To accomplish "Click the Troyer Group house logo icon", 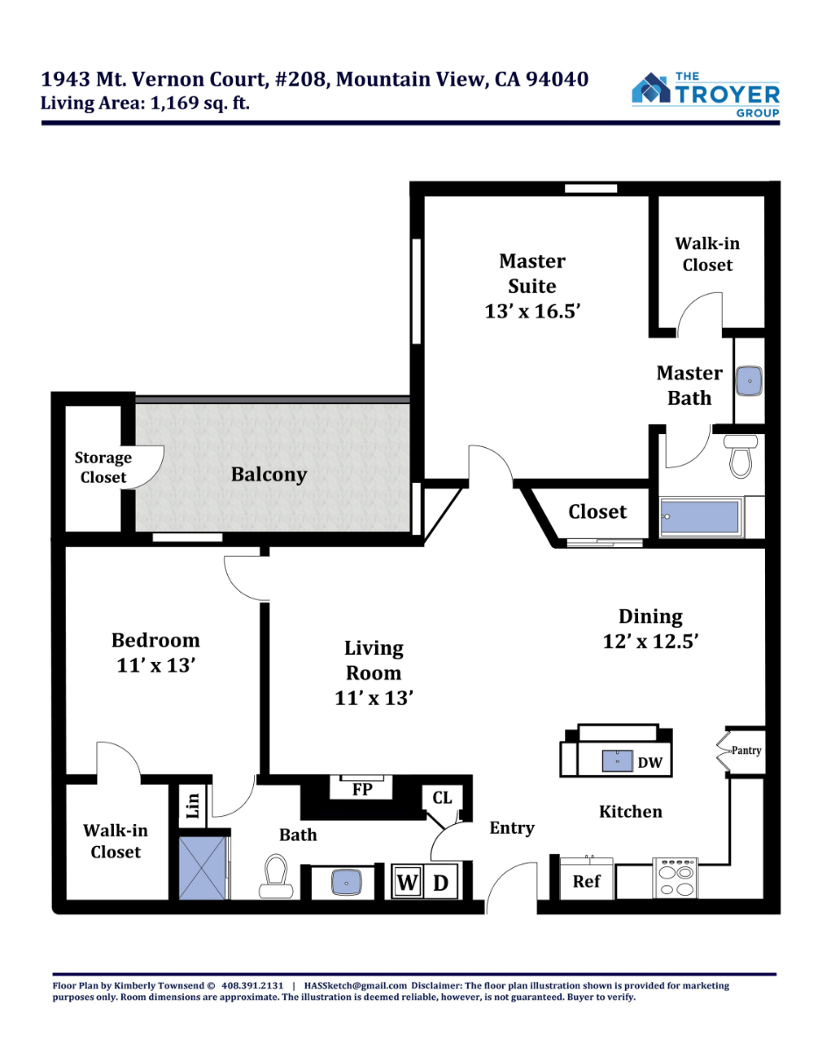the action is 650,89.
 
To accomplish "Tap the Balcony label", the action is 269,474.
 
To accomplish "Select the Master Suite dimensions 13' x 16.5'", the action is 532,311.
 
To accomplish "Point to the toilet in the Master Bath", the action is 741,456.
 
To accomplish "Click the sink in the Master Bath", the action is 749,380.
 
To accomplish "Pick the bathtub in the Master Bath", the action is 700,517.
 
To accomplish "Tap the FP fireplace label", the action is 362,790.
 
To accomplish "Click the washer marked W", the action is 407,883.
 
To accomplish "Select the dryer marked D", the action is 440,883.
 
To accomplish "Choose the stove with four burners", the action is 676,878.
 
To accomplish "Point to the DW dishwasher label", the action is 649,763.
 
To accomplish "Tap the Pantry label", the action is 747,750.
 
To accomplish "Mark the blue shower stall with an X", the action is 202,868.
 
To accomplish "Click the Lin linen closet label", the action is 193,806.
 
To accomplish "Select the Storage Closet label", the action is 103,467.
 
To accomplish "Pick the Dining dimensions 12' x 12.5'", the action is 651,642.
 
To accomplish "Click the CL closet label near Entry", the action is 443,798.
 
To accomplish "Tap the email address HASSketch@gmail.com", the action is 355,985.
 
